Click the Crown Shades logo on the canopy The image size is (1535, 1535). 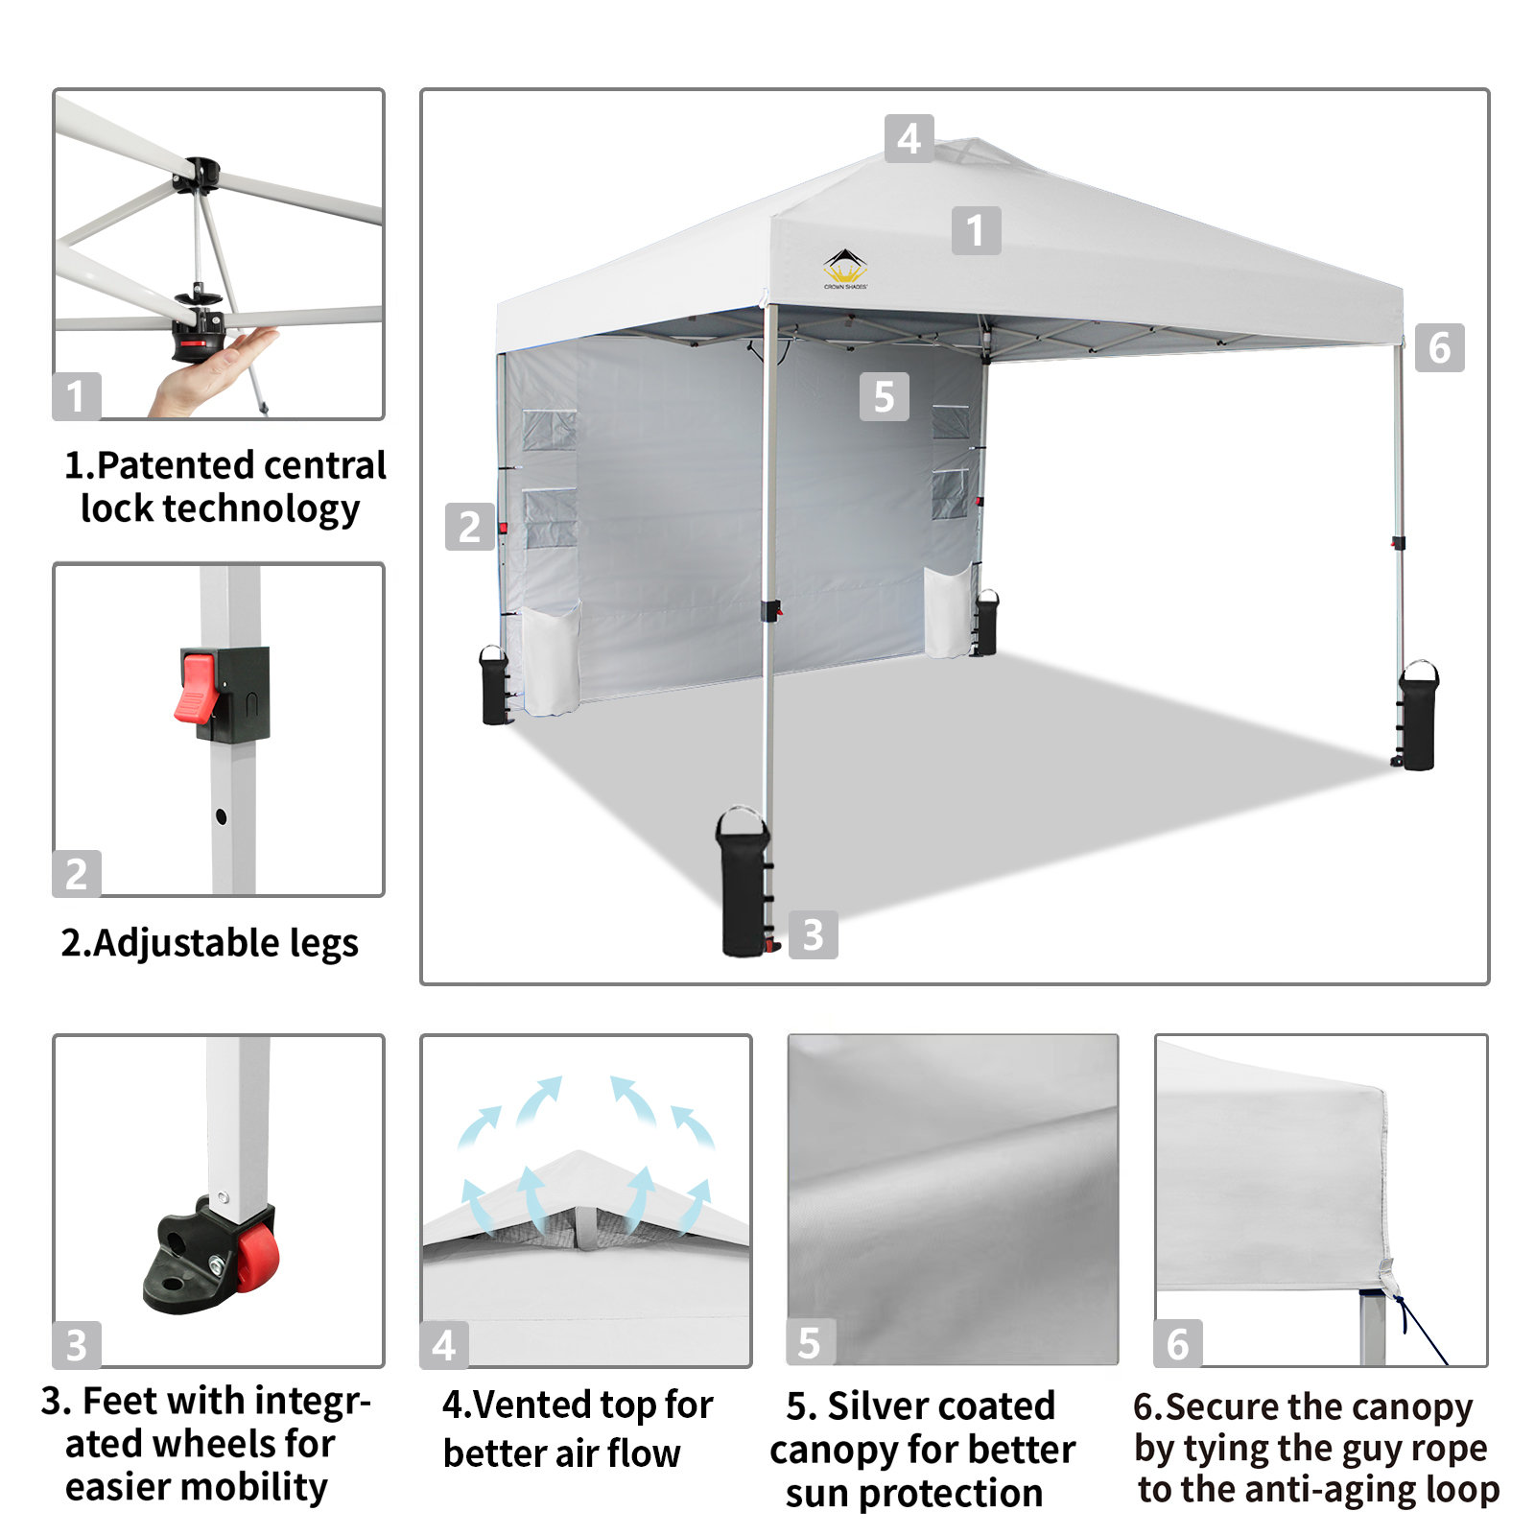click(845, 269)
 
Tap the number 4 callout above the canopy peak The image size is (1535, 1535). click(909, 138)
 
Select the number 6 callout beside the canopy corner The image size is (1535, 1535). click(1439, 347)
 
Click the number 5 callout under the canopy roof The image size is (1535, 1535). click(884, 396)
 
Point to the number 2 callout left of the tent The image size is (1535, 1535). click(469, 526)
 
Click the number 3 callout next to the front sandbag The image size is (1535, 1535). click(813, 934)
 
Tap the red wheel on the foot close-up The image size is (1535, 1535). click(257, 1258)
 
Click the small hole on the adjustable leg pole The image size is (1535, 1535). click(222, 817)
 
